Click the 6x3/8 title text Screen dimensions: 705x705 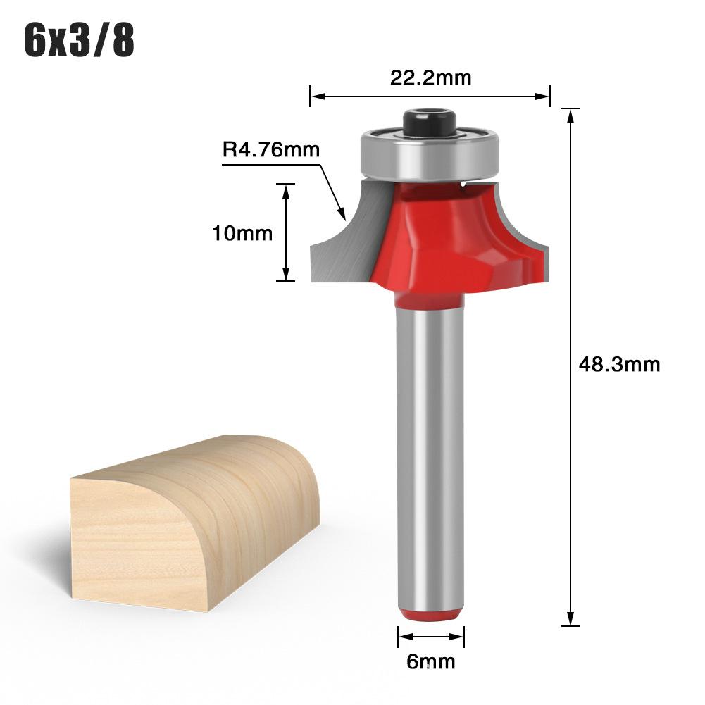[x=79, y=40]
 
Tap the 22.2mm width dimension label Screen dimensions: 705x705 [x=430, y=77]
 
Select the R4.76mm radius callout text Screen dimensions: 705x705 [x=271, y=149]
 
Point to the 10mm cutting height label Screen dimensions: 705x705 [x=242, y=233]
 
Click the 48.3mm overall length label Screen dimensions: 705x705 [x=619, y=364]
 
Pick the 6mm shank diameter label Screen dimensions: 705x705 [x=431, y=661]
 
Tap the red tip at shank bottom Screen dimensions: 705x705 [x=430, y=616]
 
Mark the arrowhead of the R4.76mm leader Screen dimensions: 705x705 [x=342, y=214]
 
